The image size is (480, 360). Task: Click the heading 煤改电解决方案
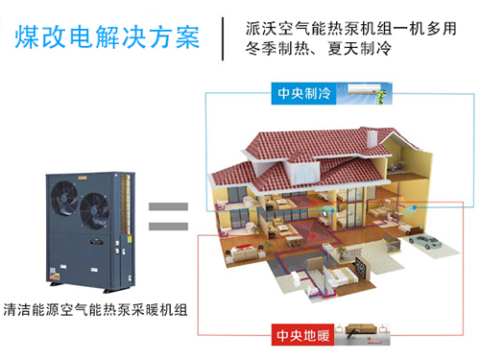click(x=108, y=36)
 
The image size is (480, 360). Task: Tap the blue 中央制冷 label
click(x=302, y=93)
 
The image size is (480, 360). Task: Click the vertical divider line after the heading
click(x=225, y=36)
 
